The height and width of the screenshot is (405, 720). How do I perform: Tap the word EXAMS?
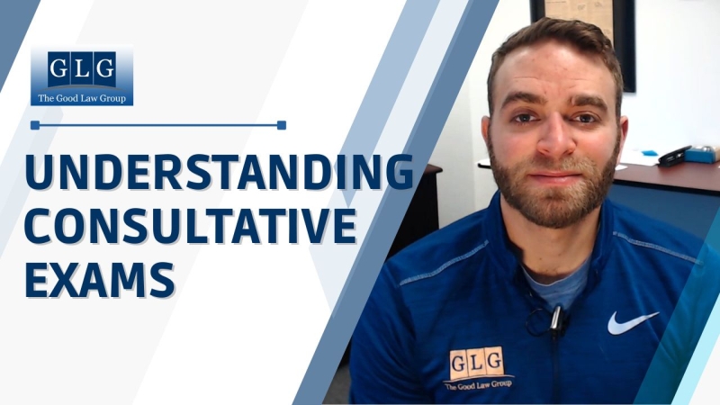pyautogui.click(x=99, y=279)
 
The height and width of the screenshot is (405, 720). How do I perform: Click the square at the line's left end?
pyautogui.click(x=34, y=125)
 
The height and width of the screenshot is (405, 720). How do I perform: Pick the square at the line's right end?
pyautogui.click(x=282, y=125)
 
